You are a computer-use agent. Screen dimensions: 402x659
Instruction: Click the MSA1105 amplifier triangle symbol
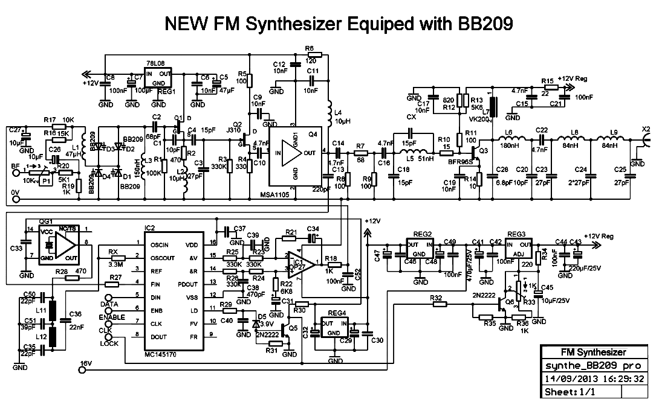coord(290,153)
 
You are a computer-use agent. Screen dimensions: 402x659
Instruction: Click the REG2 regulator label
coord(423,234)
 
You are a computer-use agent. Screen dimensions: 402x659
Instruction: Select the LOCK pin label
coord(110,343)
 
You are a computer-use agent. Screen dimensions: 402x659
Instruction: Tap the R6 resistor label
coord(310,48)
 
